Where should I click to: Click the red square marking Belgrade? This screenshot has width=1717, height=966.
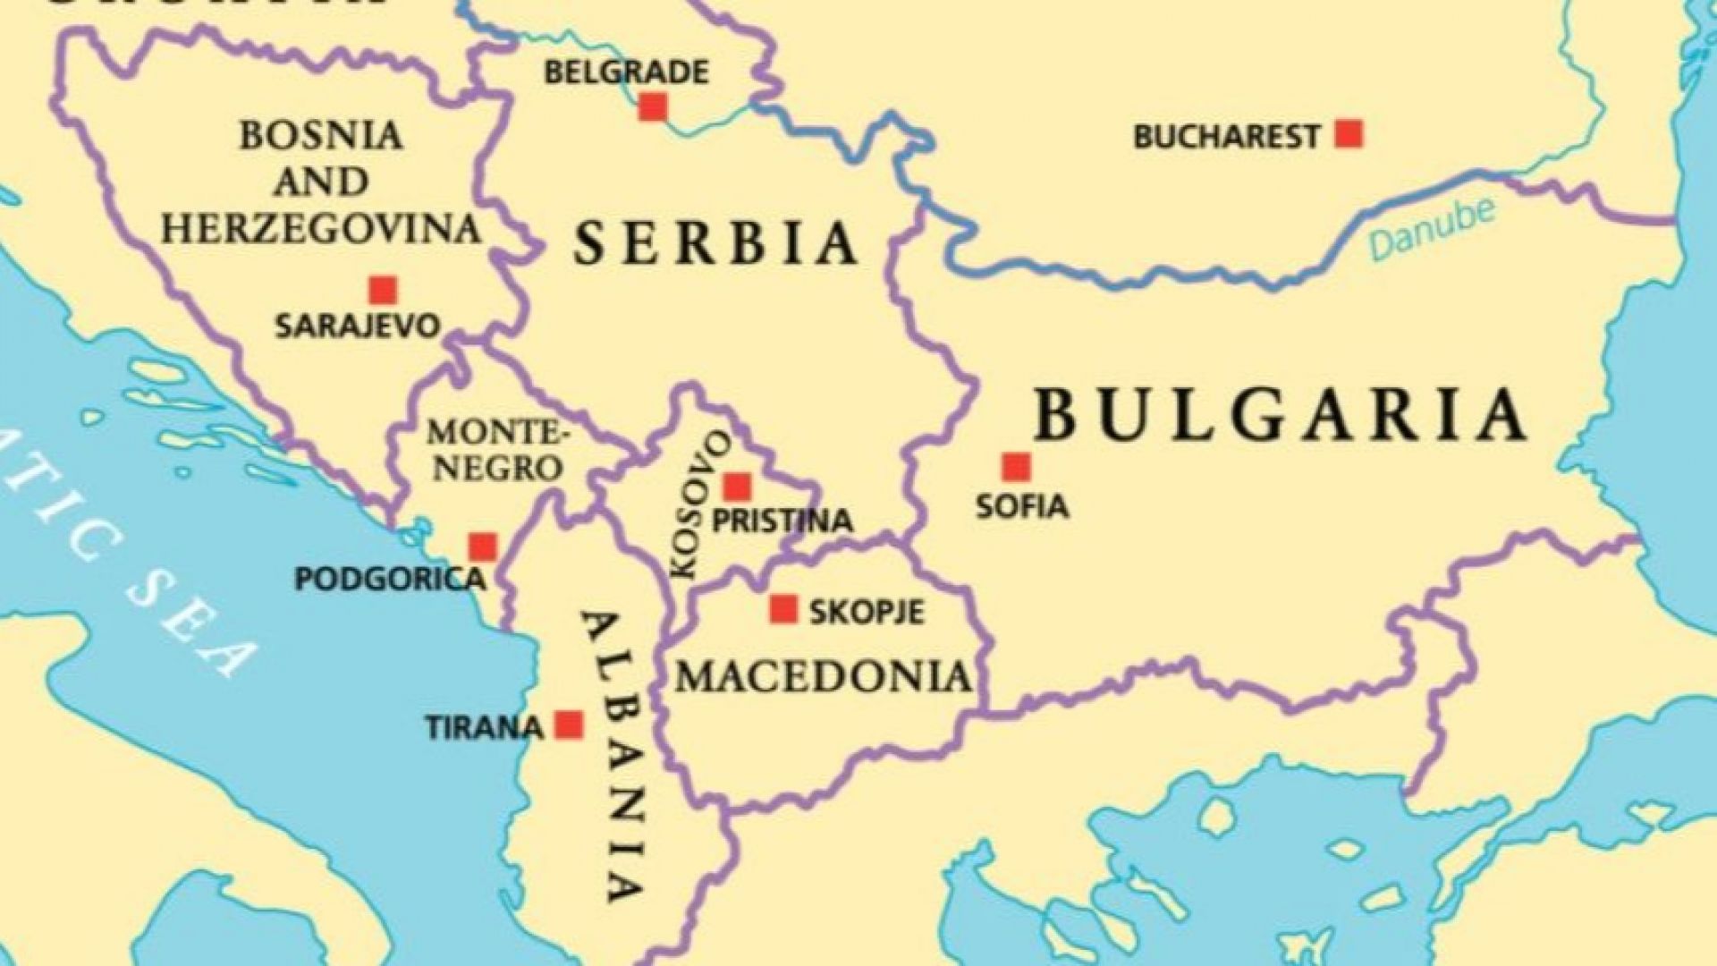(653, 107)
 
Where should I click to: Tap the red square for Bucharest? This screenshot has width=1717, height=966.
(1349, 135)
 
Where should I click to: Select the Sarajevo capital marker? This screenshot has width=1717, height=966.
(384, 290)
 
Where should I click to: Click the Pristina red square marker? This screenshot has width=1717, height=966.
(737, 487)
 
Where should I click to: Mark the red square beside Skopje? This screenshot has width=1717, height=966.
(783, 609)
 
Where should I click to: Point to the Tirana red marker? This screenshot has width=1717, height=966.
(569, 724)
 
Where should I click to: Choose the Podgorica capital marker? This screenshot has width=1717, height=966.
(483, 547)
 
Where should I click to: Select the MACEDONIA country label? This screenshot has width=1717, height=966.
(824, 677)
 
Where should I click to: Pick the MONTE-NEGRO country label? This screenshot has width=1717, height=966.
(496, 450)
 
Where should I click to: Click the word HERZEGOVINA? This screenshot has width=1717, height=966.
(321, 229)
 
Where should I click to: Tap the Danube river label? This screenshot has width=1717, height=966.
(1432, 232)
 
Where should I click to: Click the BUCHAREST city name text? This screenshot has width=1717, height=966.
(1227, 138)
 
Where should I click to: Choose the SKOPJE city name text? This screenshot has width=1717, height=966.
(866, 613)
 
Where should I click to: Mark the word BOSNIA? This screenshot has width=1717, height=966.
(321, 136)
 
